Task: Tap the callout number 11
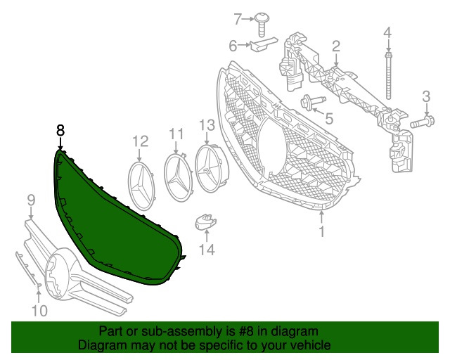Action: tap(175, 133)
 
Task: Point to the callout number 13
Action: tap(206, 125)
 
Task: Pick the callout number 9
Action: tap(31, 202)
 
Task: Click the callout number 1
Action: tap(322, 231)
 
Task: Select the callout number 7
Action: tap(238, 18)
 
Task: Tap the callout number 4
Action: tap(387, 32)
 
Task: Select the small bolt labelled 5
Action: tap(310, 103)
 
